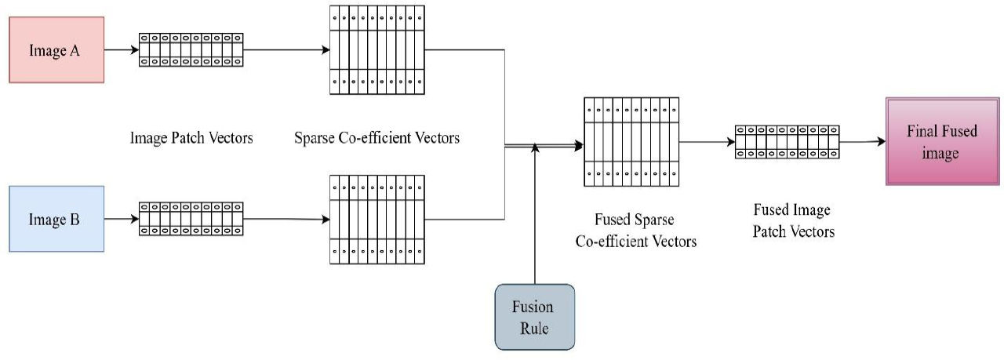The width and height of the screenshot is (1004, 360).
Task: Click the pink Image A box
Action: point(56,51)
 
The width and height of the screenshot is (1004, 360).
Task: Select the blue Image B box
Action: point(56,219)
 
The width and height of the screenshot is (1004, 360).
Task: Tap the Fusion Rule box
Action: point(534,317)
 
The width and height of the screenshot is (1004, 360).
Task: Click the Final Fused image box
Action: point(942,142)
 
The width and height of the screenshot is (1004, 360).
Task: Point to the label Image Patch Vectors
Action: point(191,139)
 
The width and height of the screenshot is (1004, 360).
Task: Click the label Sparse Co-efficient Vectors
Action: point(376,139)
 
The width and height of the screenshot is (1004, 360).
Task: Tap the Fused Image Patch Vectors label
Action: point(792,221)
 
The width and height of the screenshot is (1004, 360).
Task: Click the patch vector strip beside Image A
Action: point(191,49)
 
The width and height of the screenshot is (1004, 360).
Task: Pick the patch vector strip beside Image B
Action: point(191,219)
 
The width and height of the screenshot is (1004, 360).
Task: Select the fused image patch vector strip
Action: point(786,142)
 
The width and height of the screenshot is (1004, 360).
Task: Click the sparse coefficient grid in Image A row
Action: point(377,50)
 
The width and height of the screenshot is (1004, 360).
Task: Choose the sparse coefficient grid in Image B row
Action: point(377,220)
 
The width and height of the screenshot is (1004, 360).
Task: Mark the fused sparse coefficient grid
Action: point(631,142)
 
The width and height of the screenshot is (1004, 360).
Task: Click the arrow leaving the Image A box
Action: point(121,49)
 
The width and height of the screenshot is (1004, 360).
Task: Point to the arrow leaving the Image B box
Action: point(121,219)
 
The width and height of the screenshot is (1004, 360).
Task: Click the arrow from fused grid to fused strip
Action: point(705,142)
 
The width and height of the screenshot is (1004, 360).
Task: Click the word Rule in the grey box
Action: point(534,328)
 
